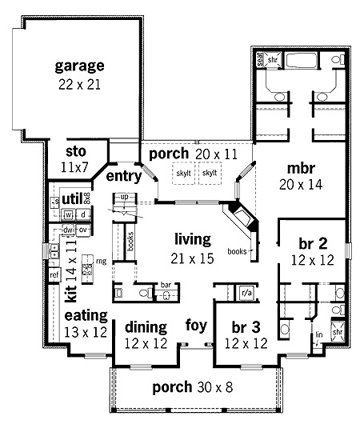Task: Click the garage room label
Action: click(x=80, y=66)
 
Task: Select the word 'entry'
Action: click(x=123, y=176)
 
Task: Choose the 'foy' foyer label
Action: click(x=196, y=326)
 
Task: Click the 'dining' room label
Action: click(x=146, y=326)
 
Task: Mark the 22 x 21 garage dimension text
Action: click(x=79, y=83)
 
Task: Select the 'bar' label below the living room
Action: click(x=166, y=283)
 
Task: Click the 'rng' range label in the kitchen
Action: click(x=102, y=261)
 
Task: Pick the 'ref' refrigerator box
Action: click(x=54, y=275)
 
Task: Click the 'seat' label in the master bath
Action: click(x=261, y=58)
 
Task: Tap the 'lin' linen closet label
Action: click(x=318, y=335)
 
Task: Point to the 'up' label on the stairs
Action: click(x=124, y=197)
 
